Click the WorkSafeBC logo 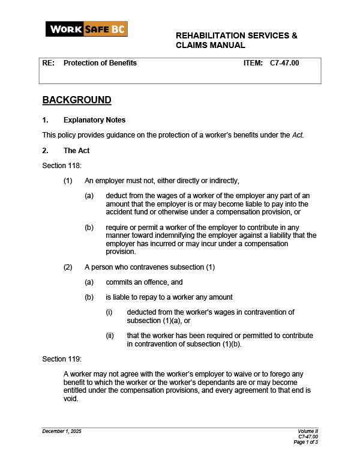[x=86, y=29]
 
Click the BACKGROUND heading [x=77, y=100]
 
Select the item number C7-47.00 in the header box [x=284, y=63]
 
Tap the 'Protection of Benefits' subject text [x=100, y=63]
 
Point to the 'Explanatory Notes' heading [x=94, y=120]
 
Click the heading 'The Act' [x=76, y=151]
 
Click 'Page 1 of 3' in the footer [x=305, y=442]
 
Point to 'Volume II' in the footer [x=308, y=432]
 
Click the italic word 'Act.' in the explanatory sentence [x=298, y=135]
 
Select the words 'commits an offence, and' [x=144, y=282]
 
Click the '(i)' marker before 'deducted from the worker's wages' [x=109, y=312]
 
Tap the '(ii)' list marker [x=110, y=336]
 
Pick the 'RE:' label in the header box [x=48, y=63]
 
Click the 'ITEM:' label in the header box [x=253, y=63]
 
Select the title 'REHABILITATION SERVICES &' [x=236, y=35]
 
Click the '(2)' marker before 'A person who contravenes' [x=68, y=267]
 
